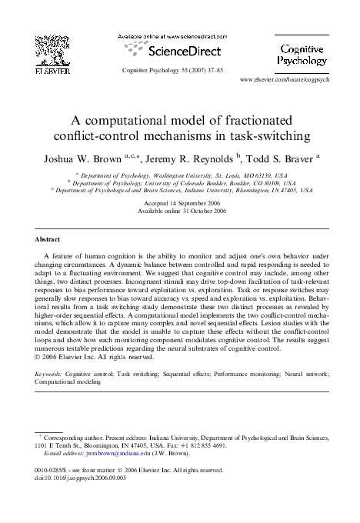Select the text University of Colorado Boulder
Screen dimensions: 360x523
(179, 183)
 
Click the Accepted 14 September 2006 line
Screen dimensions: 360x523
(179, 203)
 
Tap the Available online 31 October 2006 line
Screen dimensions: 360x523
(179, 211)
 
